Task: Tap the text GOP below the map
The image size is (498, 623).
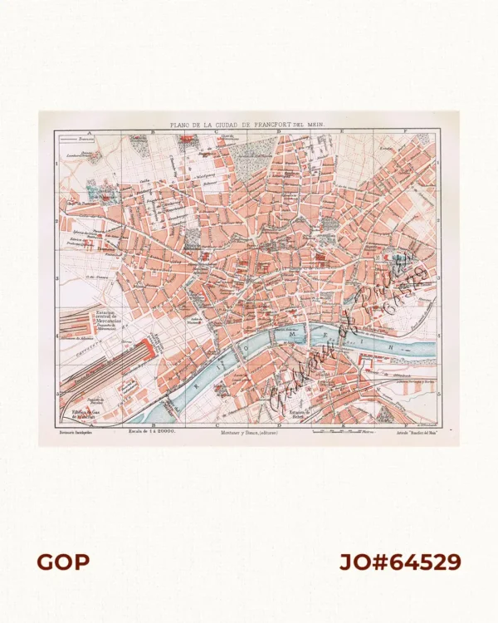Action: coord(63,562)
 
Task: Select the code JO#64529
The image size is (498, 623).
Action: coord(399,562)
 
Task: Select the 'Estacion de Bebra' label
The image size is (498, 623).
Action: coord(300,413)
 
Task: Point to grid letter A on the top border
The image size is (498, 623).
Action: coord(82,131)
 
